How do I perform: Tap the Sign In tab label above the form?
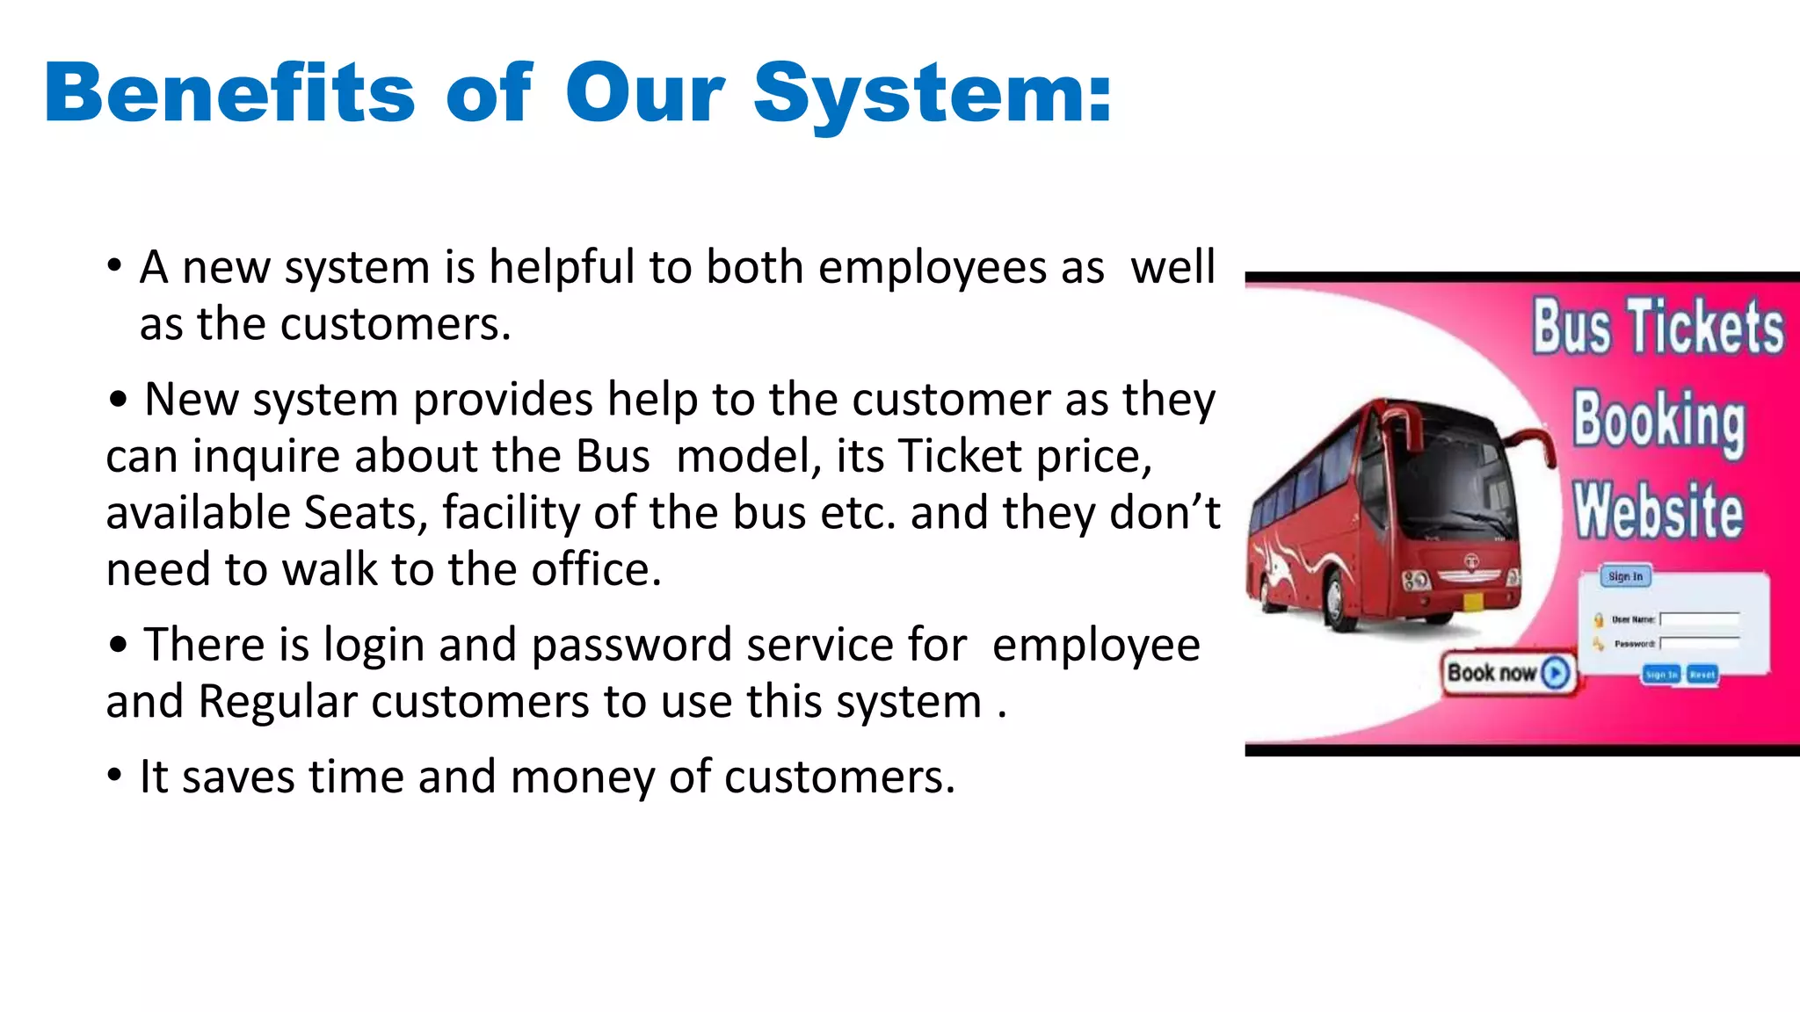point(1625,576)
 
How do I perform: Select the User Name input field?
point(1700,619)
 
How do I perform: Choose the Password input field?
point(1700,643)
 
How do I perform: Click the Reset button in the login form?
point(1702,675)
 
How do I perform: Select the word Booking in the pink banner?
point(1658,420)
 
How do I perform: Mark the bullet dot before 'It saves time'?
point(114,776)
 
